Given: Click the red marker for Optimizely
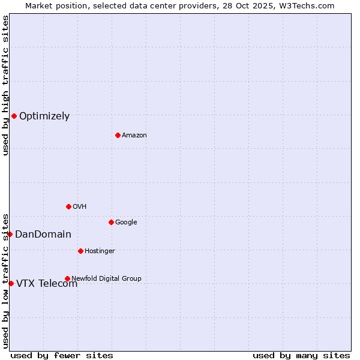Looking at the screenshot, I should point(14,116).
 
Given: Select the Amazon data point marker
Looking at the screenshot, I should point(118,135).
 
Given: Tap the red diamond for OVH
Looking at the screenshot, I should point(68,206).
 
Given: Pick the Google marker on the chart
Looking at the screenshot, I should point(111,222).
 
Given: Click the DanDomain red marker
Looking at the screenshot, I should point(10,234).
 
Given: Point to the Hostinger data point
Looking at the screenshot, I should point(80,251).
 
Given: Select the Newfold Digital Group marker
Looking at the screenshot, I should point(67,278).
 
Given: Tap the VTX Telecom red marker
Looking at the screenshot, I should point(11,283).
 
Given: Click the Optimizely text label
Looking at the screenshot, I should point(44,116).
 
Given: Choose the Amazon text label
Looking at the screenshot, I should point(134,136).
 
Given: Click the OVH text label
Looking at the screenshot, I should point(80,207).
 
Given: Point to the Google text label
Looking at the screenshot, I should point(126,223).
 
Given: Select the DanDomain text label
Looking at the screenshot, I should point(43,235).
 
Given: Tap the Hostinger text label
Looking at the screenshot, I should point(100,251).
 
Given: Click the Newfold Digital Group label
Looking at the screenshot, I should point(106,279).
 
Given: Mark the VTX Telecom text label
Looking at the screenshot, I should point(47,284).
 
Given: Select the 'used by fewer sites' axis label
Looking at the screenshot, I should point(62,356).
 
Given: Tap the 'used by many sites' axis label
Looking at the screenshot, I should point(301,356).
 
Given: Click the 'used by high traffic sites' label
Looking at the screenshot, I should point(5,85).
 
